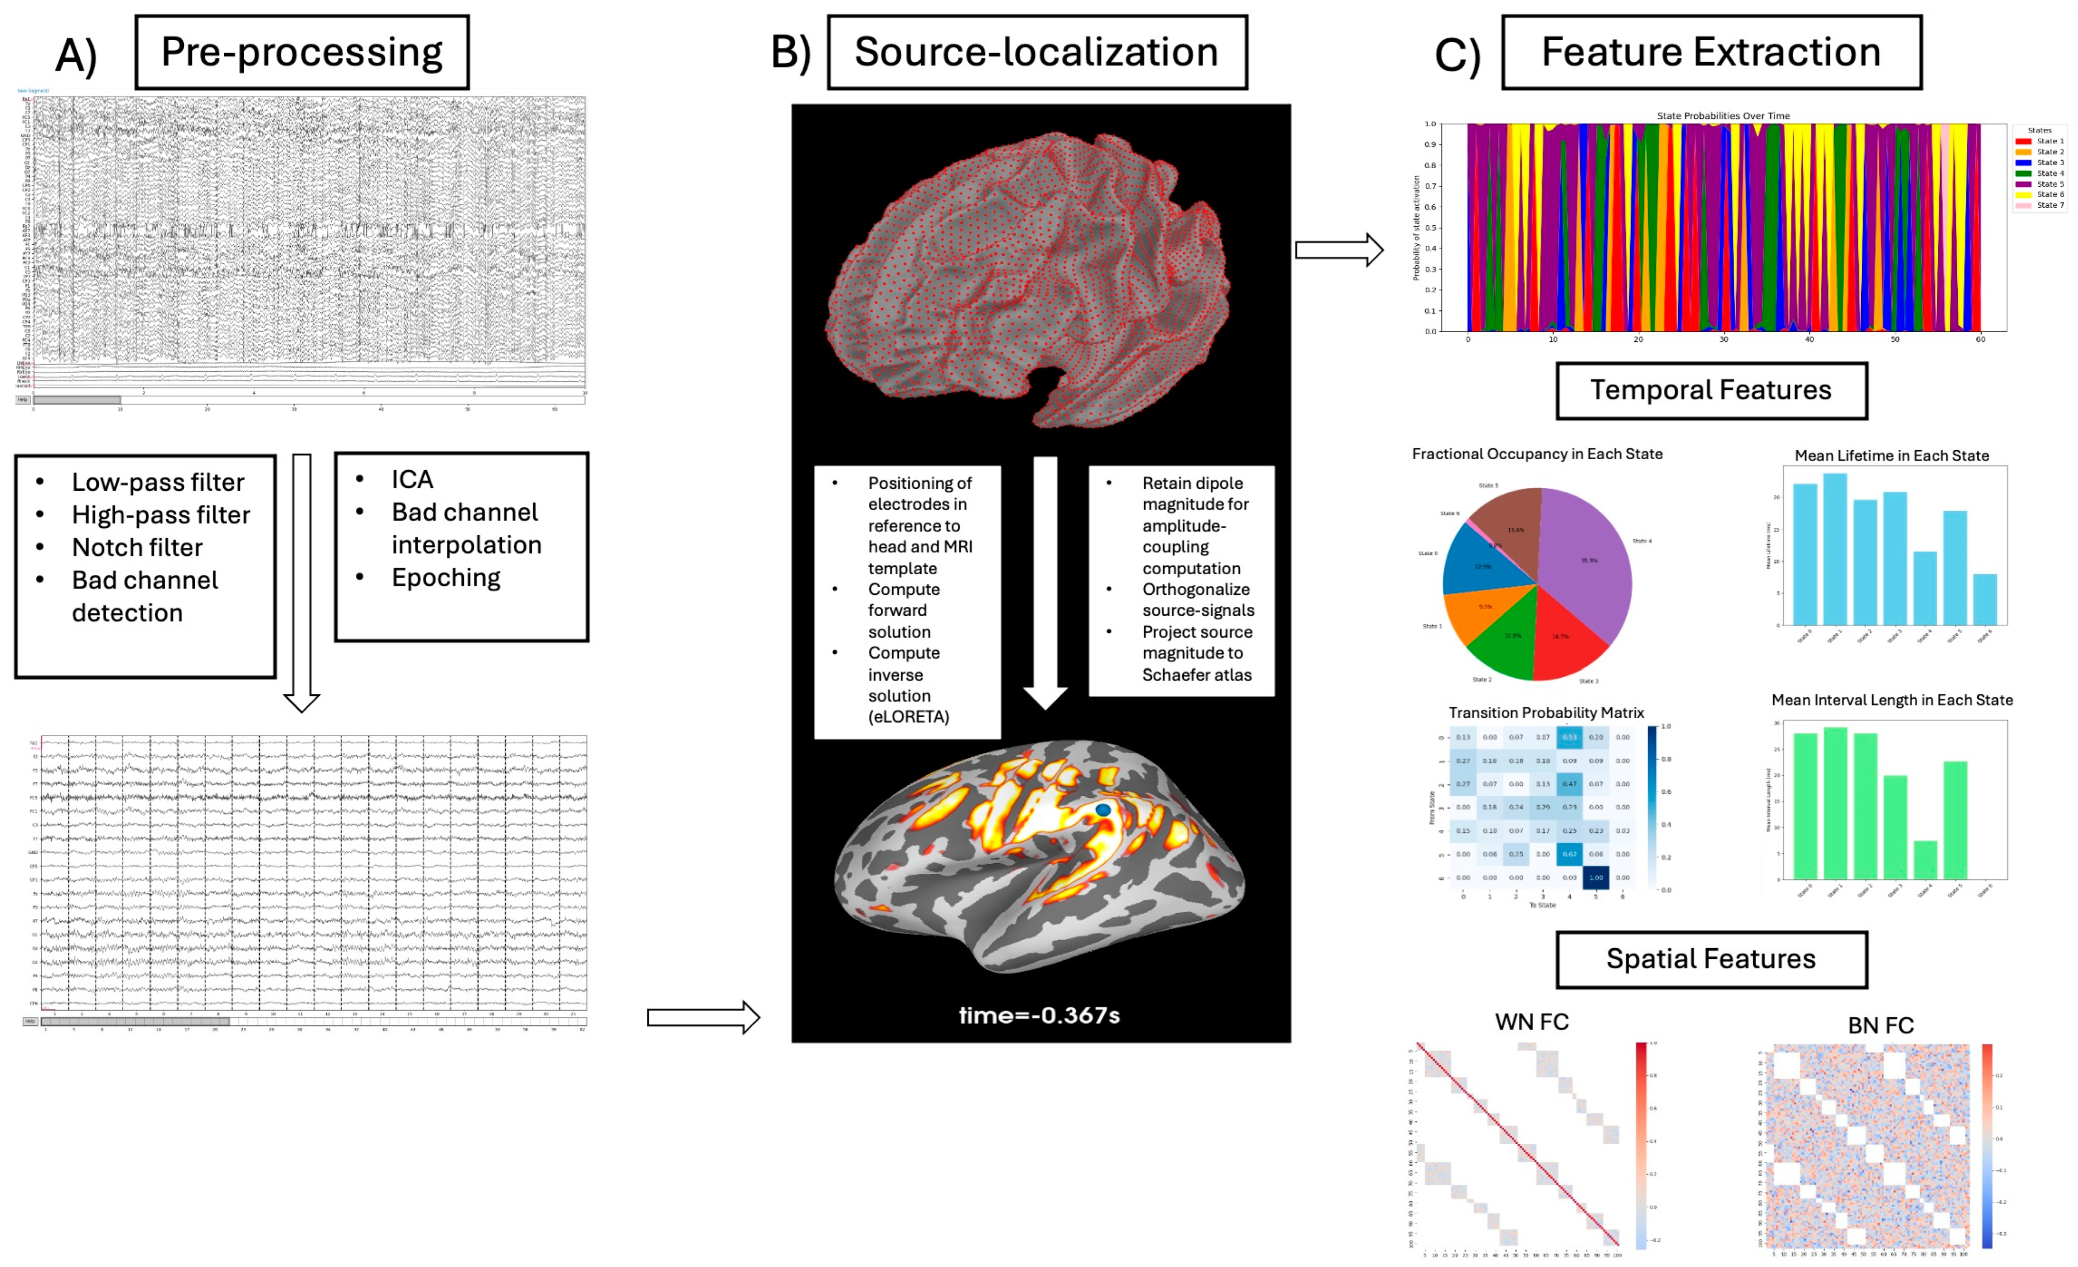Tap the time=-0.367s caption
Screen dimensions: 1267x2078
(1039, 1015)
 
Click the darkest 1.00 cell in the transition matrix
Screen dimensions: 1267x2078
(1596, 877)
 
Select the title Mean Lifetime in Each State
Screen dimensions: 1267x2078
(1892, 456)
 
